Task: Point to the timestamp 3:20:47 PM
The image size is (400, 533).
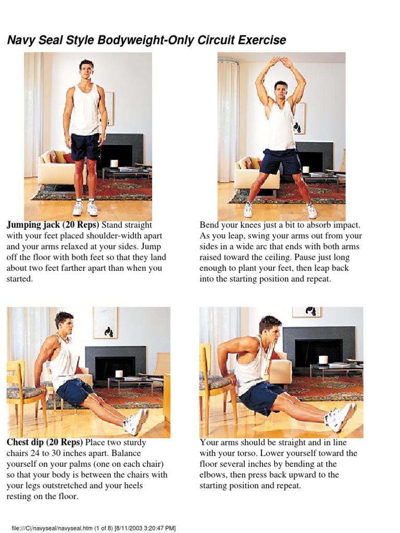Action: [159, 528]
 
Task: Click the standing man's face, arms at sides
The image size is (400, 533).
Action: [86, 69]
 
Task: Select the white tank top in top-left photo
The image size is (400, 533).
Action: [85, 111]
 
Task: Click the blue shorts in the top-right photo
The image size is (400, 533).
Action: [280, 161]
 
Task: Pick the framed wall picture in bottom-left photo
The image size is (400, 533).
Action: [106, 323]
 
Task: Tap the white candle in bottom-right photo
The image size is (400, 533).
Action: [323, 360]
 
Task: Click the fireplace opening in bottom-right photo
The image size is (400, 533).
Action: [318, 349]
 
